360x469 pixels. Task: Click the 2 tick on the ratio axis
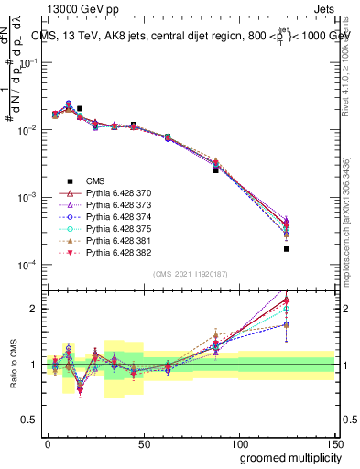pos(35,309)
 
